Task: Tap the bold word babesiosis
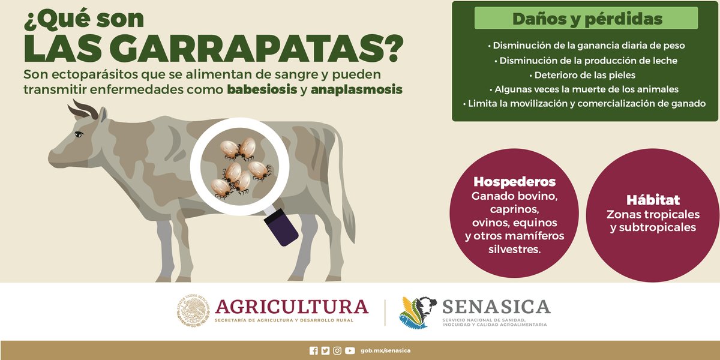pyautogui.click(x=262, y=89)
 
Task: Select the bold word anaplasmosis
pyautogui.click(x=356, y=89)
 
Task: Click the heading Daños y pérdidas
pyautogui.click(x=587, y=19)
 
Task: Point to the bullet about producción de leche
pyautogui.click(x=586, y=61)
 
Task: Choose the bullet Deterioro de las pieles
pyautogui.click(x=582, y=75)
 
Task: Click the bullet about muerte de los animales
pyautogui.click(x=584, y=89)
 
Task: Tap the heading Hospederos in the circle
pyautogui.click(x=514, y=182)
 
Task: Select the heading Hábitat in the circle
pyautogui.click(x=653, y=200)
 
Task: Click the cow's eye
pyautogui.click(x=79, y=134)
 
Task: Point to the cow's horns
pyautogui.click(x=83, y=110)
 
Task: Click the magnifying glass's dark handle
pyautogui.click(x=281, y=227)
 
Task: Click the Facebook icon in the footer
pyautogui.click(x=313, y=350)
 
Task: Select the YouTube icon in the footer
pyautogui.click(x=350, y=350)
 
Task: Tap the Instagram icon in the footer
pyautogui.click(x=337, y=350)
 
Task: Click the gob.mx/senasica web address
pyautogui.click(x=385, y=350)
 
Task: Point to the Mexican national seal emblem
pyautogui.click(x=193, y=310)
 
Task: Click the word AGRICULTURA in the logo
pyautogui.click(x=292, y=307)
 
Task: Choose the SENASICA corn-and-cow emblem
pyautogui.click(x=418, y=313)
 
